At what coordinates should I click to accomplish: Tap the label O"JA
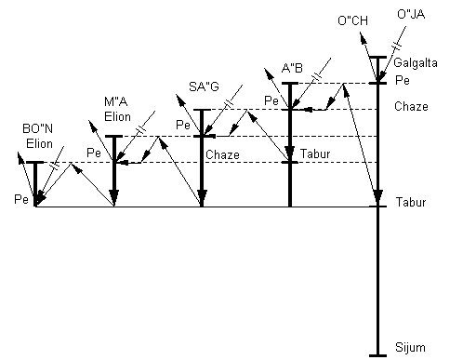point(411,15)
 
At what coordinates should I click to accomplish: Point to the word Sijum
point(410,348)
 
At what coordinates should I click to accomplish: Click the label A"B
point(293,68)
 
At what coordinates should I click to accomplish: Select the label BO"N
point(37,129)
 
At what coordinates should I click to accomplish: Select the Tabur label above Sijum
point(411,202)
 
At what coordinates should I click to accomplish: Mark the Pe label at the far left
point(20,199)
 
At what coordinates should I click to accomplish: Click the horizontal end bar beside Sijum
point(377,354)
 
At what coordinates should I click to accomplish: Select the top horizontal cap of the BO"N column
point(34,162)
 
